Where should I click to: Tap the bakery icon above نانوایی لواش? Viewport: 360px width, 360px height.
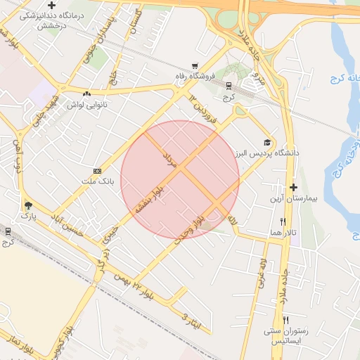coord(86,94)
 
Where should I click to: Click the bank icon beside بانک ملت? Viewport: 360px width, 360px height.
coord(97,171)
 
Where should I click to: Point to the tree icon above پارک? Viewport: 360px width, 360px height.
coord(27,205)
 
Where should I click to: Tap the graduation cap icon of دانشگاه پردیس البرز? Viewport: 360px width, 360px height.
coord(266,141)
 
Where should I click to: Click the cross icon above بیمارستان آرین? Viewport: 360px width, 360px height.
coord(293,187)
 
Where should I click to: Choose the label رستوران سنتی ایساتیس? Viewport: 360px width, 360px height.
coord(284,335)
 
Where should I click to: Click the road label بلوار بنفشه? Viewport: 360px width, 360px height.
coord(150,201)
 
